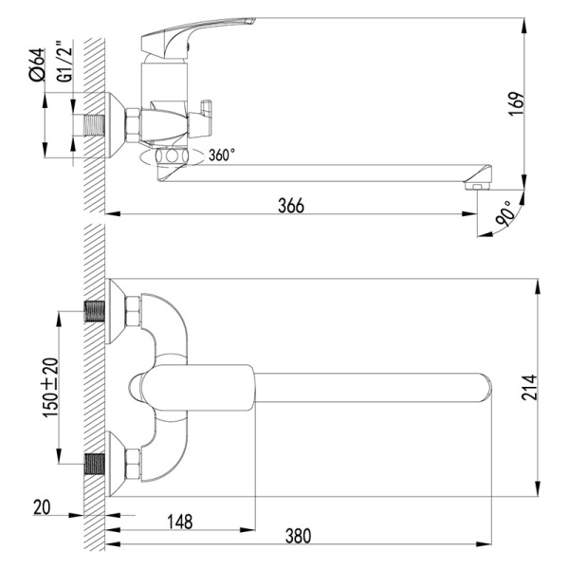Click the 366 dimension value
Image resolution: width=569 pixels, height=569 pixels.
tap(291, 206)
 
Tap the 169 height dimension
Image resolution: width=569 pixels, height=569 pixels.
tap(517, 103)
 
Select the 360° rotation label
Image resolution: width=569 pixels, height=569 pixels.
tap(222, 155)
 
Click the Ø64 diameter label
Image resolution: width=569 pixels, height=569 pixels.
tap(37, 64)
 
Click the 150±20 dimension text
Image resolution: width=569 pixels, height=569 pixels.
tap(50, 388)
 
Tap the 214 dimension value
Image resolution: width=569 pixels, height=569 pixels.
tap(529, 388)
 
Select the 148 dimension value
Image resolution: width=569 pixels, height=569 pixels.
tap(179, 522)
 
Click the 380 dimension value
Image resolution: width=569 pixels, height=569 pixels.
tap(298, 536)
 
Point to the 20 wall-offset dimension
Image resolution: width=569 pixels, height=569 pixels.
tap(42, 507)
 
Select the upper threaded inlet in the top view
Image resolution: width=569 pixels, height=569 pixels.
tap(94, 311)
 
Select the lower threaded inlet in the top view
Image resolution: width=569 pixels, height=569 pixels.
tap(94, 464)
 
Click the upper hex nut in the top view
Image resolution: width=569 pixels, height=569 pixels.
tap(133, 311)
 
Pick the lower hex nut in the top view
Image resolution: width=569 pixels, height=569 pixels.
tap(133, 464)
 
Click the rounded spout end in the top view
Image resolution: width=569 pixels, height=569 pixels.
tap(486, 388)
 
